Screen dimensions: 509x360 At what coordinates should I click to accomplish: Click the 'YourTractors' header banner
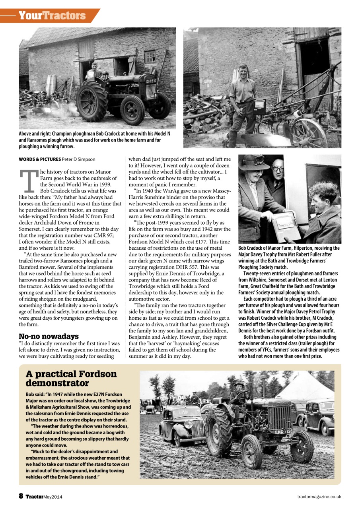click(x=52, y=16)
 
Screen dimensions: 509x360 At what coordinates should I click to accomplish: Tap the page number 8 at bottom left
click(x=21, y=496)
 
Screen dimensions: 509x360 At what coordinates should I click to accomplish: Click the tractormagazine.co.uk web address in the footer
click(x=319, y=497)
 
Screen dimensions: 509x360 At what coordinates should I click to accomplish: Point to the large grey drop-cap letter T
click(x=29, y=182)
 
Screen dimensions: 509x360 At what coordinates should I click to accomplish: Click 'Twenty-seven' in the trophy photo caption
click(x=258, y=274)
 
